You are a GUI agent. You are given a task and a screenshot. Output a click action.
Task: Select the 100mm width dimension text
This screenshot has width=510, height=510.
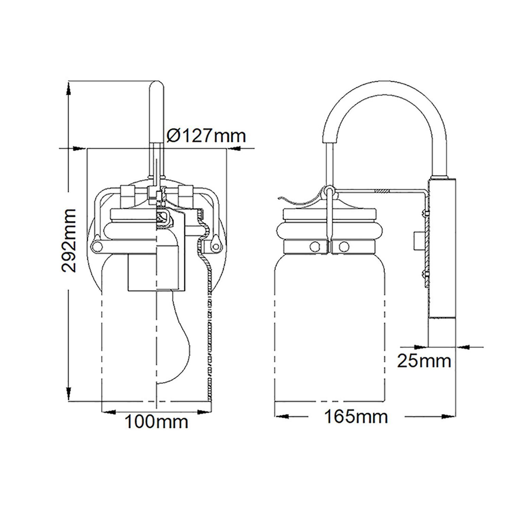[156, 422]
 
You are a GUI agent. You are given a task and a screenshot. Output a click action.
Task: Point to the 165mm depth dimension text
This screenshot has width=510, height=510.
[356, 417]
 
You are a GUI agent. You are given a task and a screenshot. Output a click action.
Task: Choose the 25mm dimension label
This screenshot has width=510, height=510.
[424, 361]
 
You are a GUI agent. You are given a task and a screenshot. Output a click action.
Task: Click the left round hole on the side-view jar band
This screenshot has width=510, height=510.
[315, 245]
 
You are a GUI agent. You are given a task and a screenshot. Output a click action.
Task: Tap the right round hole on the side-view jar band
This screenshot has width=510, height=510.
[344, 245]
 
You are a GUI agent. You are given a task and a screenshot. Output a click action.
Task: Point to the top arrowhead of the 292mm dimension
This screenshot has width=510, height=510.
[69, 88]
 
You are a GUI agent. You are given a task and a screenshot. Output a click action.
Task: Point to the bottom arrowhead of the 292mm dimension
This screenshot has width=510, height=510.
[69, 394]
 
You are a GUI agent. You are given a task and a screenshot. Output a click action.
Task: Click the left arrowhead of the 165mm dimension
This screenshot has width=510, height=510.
[282, 417]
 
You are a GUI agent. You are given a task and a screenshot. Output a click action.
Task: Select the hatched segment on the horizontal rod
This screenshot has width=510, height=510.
[381, 192]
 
